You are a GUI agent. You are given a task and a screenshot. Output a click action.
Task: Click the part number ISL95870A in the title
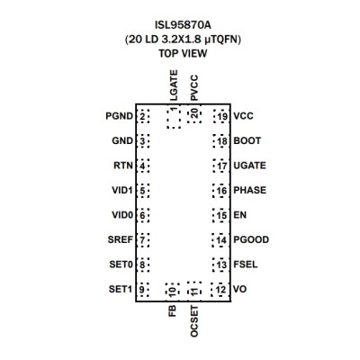tap(183, 25)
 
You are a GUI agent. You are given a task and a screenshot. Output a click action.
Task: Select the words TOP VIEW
tap(183, 53)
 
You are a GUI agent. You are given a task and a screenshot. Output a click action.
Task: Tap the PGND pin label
tap(119, 116)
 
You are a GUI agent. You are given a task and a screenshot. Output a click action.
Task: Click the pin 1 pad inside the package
tap(174, 118)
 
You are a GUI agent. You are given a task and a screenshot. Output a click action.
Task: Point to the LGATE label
tap(174, 85)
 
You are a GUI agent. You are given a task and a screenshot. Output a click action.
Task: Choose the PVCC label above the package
tap(194, 88)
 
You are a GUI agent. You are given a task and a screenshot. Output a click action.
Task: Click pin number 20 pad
tap(194, 115)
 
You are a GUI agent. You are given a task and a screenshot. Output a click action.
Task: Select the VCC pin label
tap(243, 116)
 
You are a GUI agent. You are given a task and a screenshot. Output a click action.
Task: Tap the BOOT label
tap(247, 140)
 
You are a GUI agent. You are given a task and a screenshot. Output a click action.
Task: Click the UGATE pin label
tap(249, 166)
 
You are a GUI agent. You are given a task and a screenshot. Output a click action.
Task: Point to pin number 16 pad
tap(220, 191)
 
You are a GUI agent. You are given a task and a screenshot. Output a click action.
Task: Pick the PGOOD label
tap(251, 239)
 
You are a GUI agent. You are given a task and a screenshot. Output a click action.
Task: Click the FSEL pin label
tap(246, 265)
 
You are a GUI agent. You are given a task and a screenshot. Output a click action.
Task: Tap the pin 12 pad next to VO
tap(220, 290)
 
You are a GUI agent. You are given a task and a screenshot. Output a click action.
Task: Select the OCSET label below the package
tap(194, 321)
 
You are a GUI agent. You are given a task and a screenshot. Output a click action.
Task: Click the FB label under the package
tap(173, 311)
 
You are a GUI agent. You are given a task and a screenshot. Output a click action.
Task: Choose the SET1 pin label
tap(121, 289)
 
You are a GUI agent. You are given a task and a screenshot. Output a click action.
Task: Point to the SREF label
tap(120, 239)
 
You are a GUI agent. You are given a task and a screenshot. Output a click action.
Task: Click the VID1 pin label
tap(122, 191)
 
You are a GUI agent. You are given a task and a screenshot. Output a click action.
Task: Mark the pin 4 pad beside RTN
tap(143, 166)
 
